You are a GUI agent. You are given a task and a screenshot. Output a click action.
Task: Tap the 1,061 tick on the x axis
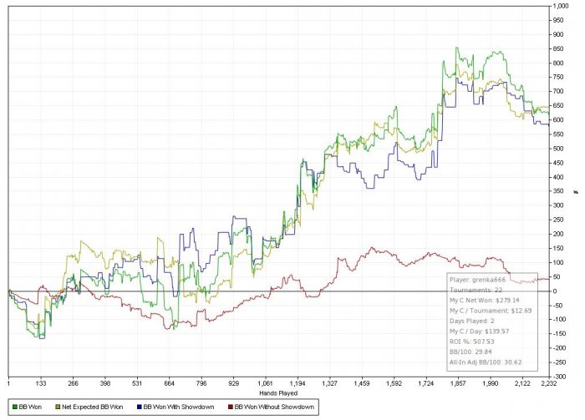click(267, 382)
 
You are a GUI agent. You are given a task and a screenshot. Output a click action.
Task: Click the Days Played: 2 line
click(473, 321)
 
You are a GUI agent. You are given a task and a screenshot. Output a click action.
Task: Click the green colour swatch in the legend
click(7, 407)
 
